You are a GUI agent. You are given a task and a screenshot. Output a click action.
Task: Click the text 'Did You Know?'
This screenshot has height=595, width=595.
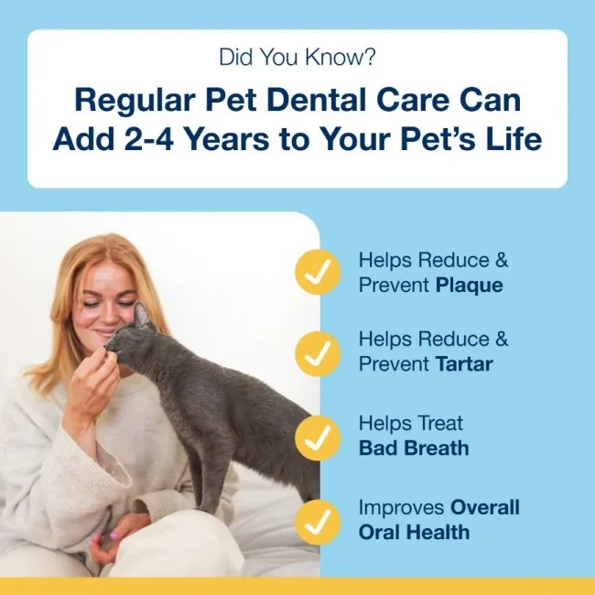[x=297, y=58]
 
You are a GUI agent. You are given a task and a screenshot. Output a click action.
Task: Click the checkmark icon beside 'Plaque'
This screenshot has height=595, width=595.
[x=317, y=272]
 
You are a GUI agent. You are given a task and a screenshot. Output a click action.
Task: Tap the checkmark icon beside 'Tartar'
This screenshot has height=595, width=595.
[x=317, y=352]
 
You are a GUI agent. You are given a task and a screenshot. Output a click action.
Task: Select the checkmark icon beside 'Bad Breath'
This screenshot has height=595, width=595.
[x=317, y=436]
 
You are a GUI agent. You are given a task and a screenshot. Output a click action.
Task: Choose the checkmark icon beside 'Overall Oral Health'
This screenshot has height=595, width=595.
[x=317, y=519]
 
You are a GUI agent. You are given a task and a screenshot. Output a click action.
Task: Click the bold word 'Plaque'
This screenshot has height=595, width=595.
[x=469, y=285]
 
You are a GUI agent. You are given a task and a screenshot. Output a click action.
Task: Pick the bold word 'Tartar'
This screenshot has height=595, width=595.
[x=463, y=364]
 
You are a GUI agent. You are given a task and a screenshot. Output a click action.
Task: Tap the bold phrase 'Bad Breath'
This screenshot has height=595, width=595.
[x=414, y=449]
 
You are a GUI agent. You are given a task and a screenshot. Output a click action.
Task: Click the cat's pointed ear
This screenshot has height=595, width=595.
[x=142, y=317]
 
